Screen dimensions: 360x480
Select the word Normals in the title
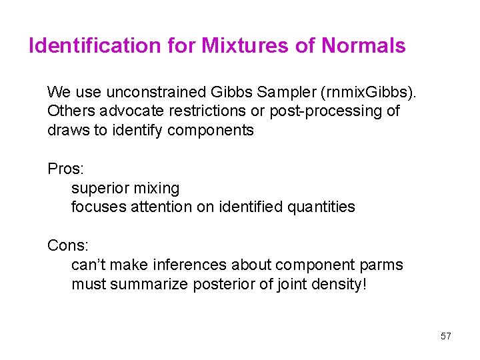click(363, 46)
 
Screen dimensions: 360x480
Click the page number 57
click(446, 337)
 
